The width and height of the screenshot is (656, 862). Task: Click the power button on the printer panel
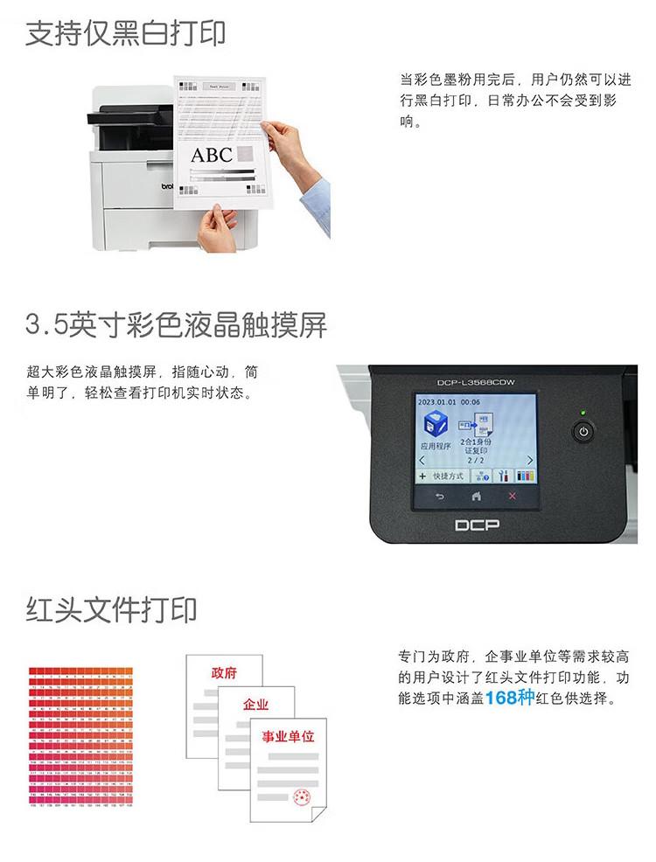point(583,433)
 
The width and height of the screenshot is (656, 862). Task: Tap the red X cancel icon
point(513,497)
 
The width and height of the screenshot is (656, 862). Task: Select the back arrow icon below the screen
point(439,497)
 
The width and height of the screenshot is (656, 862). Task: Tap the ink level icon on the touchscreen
point(526,476)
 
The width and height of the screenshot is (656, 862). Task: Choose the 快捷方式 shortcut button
point(442,476)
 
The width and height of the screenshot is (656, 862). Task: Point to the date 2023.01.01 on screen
point(438,400)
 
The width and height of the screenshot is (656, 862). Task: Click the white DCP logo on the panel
point(476,525)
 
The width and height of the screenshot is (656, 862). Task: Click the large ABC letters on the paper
point(212,156)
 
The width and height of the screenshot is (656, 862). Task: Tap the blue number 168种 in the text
point(513,698)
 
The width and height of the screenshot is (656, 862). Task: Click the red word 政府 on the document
point(224,673)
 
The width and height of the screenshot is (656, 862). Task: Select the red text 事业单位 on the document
point(288,736)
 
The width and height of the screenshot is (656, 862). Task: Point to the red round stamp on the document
point(302,797)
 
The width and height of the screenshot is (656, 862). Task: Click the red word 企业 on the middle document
point(255,704)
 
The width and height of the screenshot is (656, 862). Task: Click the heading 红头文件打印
point(112,608)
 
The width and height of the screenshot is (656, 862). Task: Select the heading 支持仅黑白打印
point(126,33)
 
